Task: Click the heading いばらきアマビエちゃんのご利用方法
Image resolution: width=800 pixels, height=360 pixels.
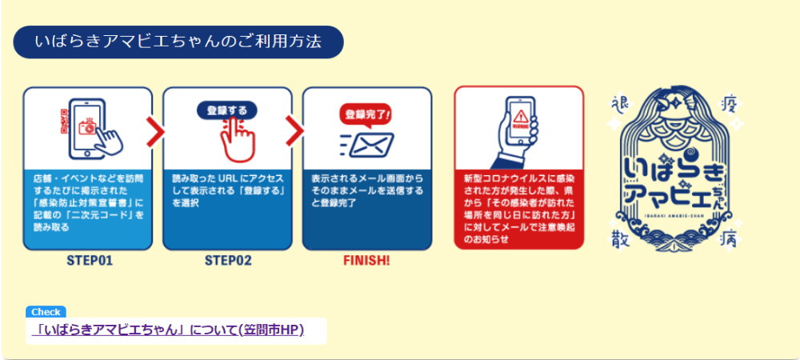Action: (178, 42)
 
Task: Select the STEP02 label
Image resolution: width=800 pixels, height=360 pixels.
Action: (227, 260)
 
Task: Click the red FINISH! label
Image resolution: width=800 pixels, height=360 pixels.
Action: (366, 260)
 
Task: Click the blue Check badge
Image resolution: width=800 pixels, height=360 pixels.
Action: (46, 312)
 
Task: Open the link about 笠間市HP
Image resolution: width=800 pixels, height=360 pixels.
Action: (169, 330)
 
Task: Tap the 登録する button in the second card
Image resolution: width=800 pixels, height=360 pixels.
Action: (227, 110)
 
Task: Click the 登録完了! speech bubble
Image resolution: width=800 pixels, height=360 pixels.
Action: (367, 114)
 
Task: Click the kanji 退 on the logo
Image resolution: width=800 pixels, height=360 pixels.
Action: (618, 102)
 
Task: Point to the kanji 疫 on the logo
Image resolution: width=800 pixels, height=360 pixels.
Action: (730, 102)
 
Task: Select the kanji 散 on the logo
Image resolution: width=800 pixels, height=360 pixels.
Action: (618, 237)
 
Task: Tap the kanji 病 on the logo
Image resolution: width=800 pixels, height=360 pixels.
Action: (730, 237)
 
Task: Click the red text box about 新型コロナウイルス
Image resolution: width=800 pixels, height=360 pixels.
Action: (519, 208)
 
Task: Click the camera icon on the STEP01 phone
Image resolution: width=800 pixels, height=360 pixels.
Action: (90, 126)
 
